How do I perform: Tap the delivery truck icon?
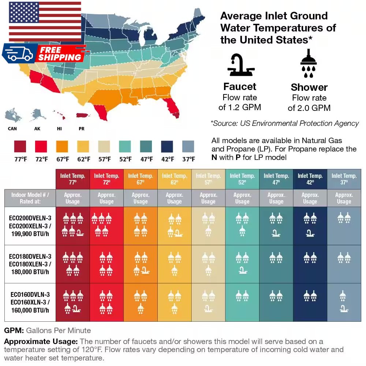pos(19,53)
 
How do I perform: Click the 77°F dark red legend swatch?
pos(20,146)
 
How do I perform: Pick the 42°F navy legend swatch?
pos(167,146)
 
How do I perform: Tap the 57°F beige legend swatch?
pos(104,146)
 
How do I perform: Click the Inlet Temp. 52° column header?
pos(242,179)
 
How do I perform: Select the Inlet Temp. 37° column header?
pos(344,179)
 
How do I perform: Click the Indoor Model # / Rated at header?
pos(30,198)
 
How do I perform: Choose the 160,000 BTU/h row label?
pos(30,302)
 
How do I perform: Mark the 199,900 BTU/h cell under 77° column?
pos(72,225)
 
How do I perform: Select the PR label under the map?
pos(82,129)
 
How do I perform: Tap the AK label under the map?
pos(37,129)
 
